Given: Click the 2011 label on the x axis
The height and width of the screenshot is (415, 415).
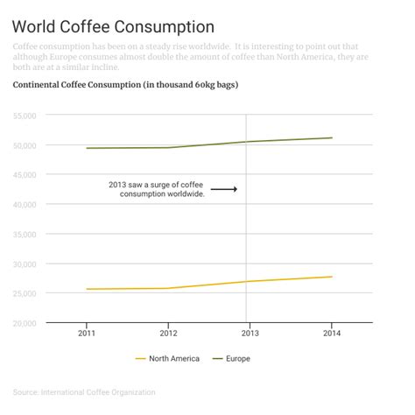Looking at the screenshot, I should tap(87, 334).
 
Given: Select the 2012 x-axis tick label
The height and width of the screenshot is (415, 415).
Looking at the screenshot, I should tap(168, 334).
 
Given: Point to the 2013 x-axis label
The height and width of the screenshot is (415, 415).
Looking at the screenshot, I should tap(250, 334).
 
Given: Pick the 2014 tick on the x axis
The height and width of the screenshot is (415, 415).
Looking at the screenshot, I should tap(331, 334).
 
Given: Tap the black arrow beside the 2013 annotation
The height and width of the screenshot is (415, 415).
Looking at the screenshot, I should tap(223, 189).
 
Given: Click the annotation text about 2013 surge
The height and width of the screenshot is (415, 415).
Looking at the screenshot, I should tap(156, 189).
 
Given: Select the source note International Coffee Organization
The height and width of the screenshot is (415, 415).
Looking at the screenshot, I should tap(84, 391).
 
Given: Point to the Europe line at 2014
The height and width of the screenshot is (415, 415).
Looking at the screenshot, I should tap(331, 137).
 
